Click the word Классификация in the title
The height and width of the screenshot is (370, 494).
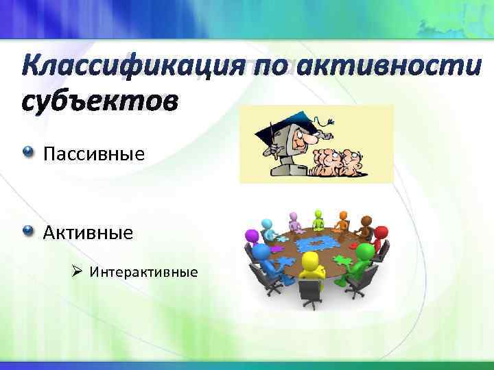[x=123, y=69]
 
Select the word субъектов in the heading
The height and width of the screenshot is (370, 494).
[x=99, y=101]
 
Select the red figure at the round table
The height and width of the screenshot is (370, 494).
[x=379, y=232]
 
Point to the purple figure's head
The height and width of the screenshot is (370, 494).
[x=252, y=236]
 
